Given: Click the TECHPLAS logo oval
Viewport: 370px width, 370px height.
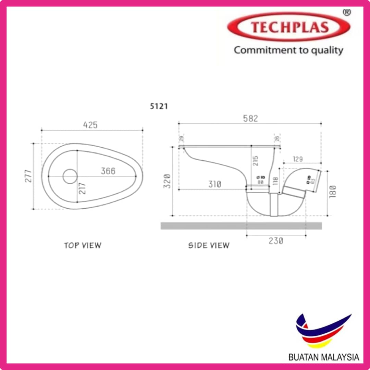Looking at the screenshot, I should [x=288, y=27].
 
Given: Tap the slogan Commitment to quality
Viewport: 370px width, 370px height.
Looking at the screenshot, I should [x=288, y=50].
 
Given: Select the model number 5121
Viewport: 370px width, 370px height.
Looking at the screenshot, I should [x=159, y=106].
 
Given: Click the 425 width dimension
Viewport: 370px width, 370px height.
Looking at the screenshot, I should [x=90, y=125].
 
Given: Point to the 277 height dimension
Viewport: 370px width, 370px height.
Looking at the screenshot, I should [x=29, y=176].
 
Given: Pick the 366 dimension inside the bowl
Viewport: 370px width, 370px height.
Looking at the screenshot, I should [x=108, y=171].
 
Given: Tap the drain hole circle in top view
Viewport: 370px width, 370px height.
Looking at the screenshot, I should [x=70, y=176].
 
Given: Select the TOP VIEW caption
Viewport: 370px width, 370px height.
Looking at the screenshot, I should [x=83, y=245].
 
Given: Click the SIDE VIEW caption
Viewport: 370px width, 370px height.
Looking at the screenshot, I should [x=209, y=245].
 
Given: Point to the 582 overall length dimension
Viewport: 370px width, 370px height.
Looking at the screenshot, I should [x=250, y=119].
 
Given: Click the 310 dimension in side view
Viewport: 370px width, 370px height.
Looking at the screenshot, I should [x=214, y=185].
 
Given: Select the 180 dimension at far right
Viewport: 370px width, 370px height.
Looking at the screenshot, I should [x=333, y=191].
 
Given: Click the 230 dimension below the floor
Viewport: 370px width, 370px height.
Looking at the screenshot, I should [x=276, y=241].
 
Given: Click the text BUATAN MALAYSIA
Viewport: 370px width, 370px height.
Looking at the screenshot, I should [x=323, y=357].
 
